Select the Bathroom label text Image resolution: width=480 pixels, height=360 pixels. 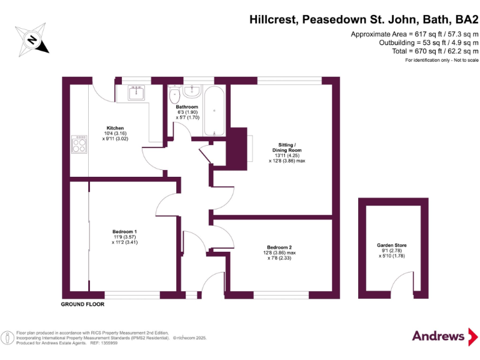click(x=187, y=107)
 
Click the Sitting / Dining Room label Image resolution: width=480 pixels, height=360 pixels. click(x=287, y=150)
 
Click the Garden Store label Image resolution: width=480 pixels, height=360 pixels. click(x=391, y=246)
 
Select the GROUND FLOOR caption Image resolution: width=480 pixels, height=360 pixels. click(x=82, y=304)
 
